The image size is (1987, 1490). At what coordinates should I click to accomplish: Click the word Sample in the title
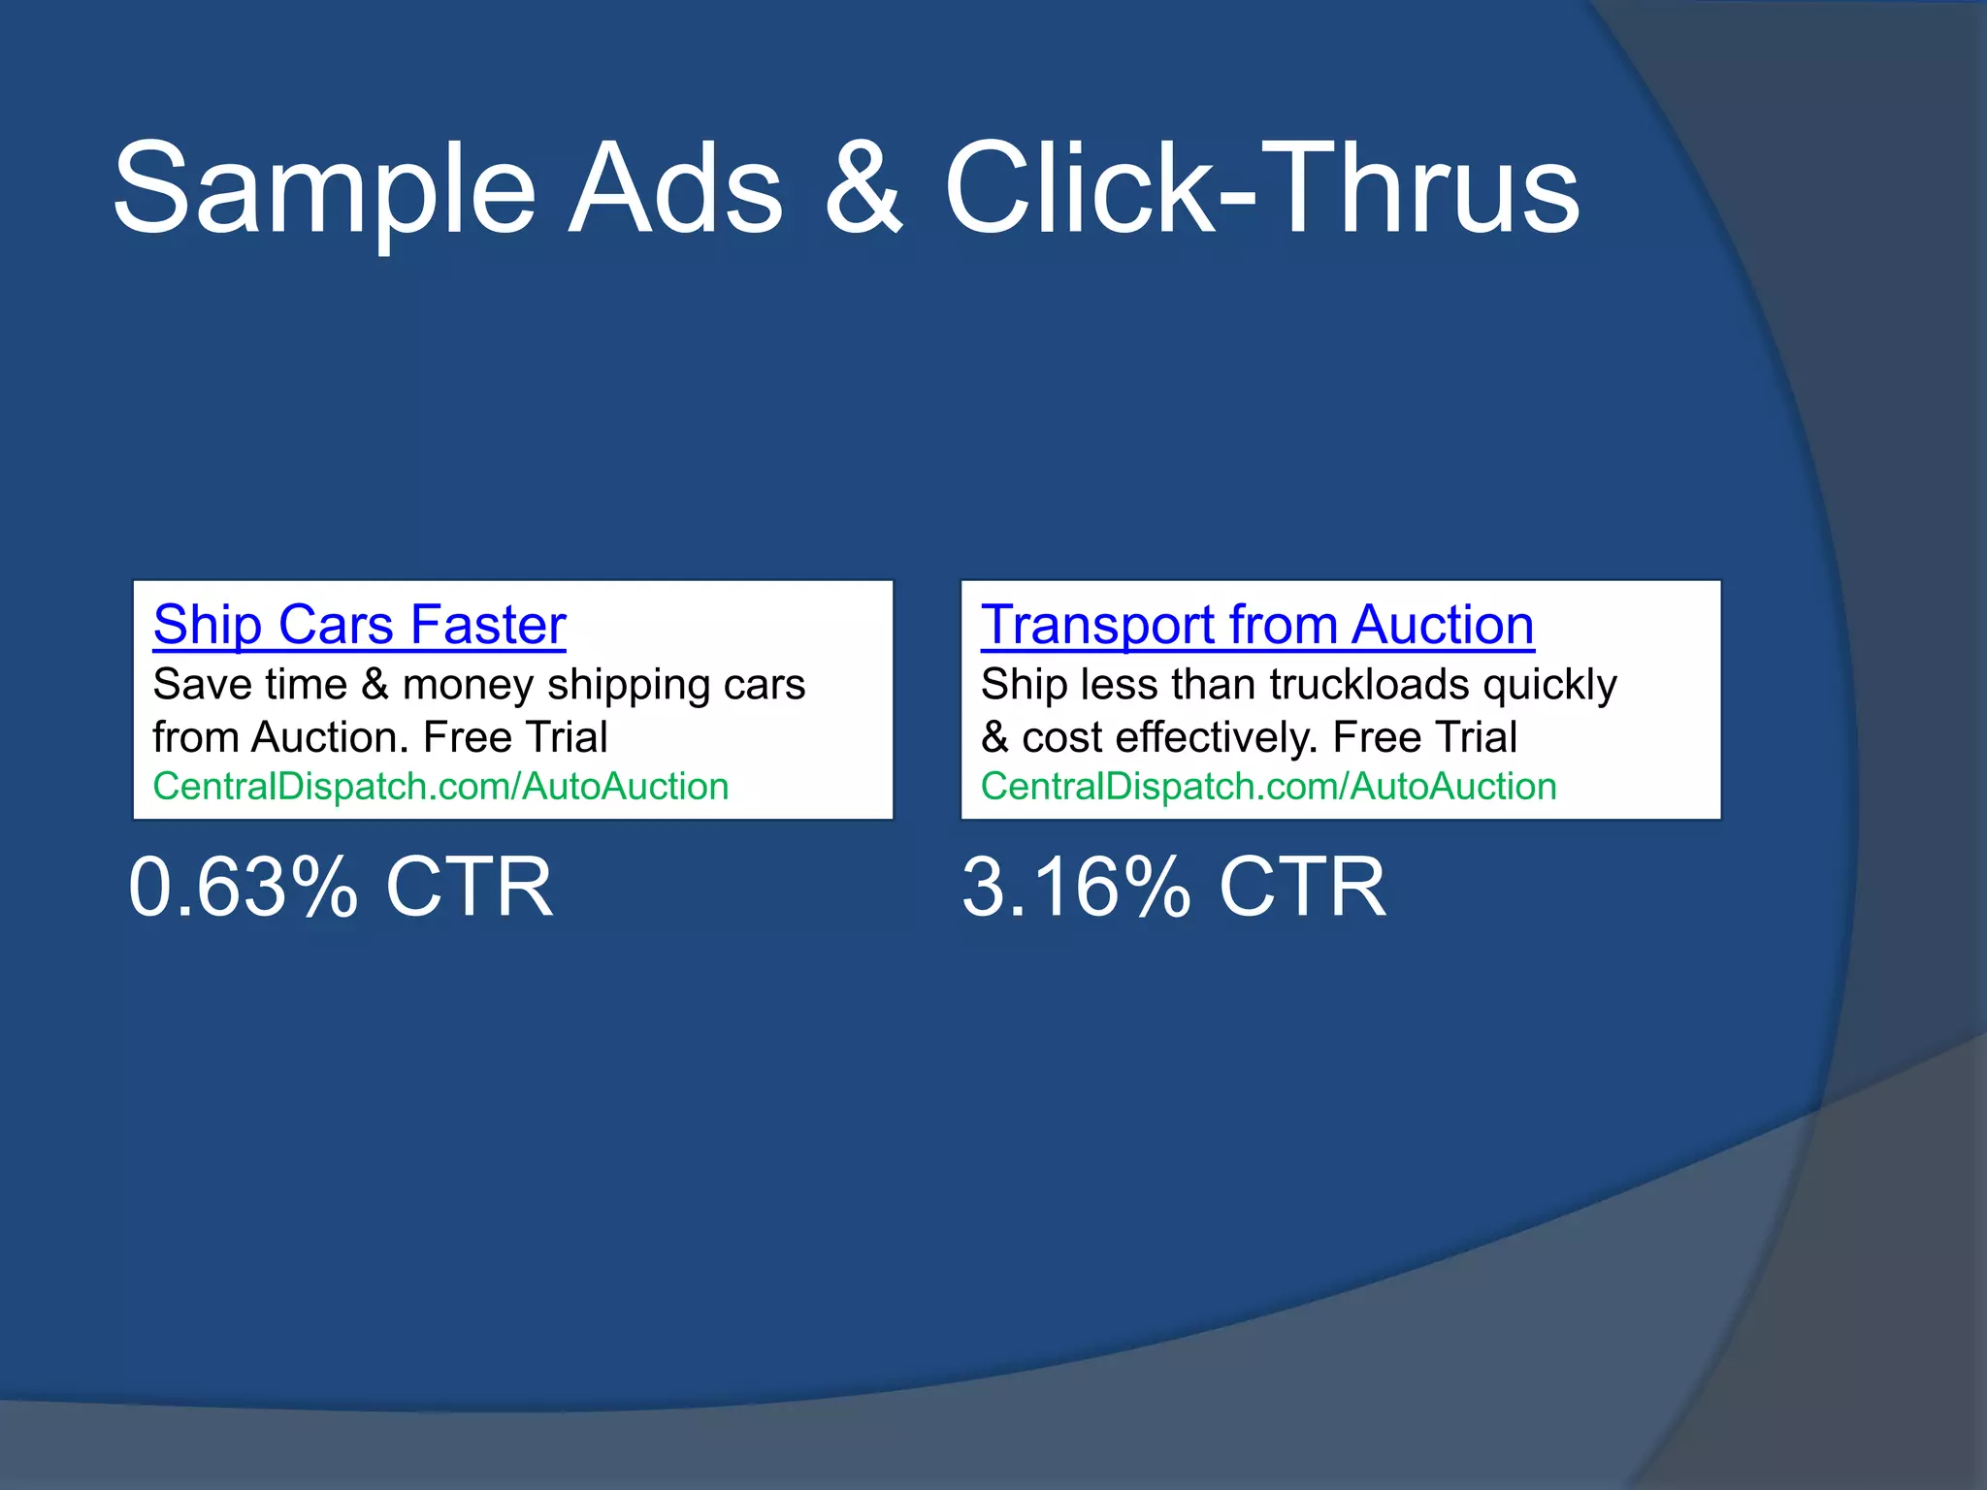[x=324, y=189]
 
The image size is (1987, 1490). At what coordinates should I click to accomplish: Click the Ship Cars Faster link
[x=359, y=625]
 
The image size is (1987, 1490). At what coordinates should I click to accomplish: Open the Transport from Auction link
[x=1257, y=625]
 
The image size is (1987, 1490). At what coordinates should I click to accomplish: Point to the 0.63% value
[x=243, y=887]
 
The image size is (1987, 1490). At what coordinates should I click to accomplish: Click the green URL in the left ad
[x=440, y=787]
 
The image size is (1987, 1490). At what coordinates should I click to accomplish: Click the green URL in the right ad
[x=1268, y=787]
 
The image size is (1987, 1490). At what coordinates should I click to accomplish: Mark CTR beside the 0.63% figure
[x=469, y=887]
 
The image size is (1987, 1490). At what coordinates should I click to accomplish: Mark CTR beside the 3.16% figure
[x=1302, y=887]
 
